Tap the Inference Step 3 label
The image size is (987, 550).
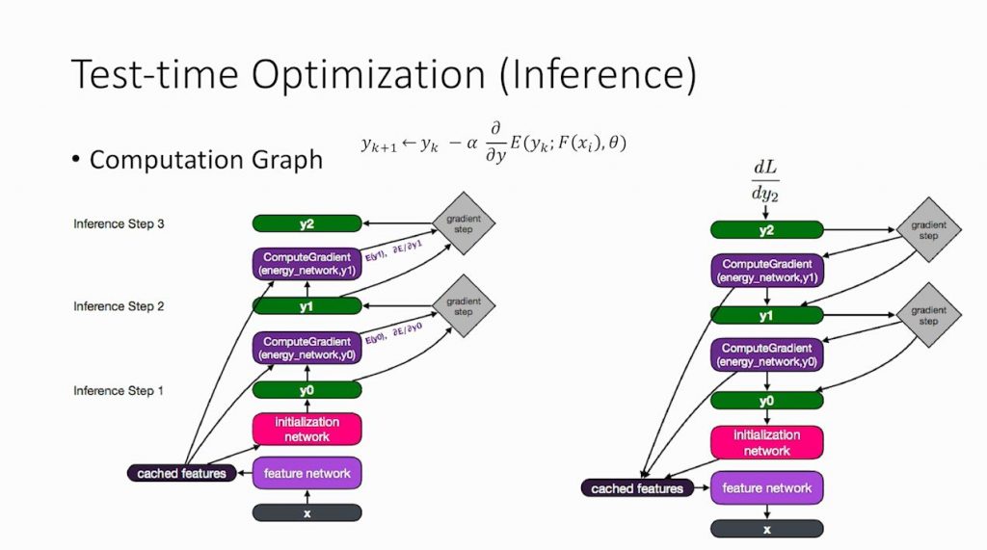click(120, 224)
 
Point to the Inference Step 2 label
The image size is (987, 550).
click(120, 306)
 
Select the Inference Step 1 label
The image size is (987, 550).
click(120, 391)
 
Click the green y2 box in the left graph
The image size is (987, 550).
click(307, 223)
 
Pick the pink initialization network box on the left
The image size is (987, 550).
click(307, 430)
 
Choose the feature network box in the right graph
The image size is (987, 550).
click(766, 488)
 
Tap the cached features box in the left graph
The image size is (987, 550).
click(181, 473)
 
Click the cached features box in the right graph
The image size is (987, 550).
click(637, 489)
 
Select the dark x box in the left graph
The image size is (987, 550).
click(307, 513)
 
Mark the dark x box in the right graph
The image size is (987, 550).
click(766, 529)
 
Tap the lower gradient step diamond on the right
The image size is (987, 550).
click(927, 316)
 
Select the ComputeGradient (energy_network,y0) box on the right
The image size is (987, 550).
click(766, 354)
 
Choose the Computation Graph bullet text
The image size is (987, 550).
click(205, 160)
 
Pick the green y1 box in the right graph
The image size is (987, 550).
click(766, 316)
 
